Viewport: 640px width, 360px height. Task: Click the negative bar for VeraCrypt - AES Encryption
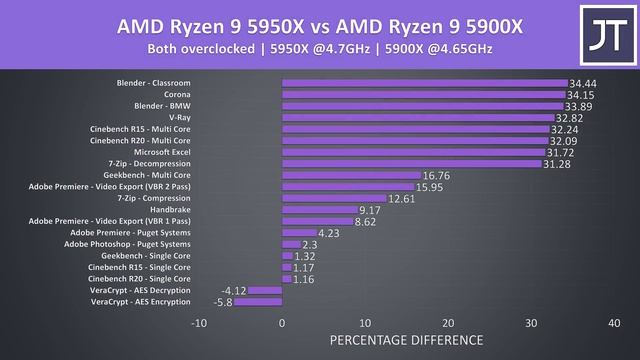click(x=258, y=302)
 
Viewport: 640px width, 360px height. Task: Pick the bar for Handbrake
click(x=319, y=210)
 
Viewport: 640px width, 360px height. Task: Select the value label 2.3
click(x=310, y=244)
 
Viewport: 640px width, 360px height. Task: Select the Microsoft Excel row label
click(x=162, y=152)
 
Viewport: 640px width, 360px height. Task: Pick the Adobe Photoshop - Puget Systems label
click(x=127, y=244)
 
